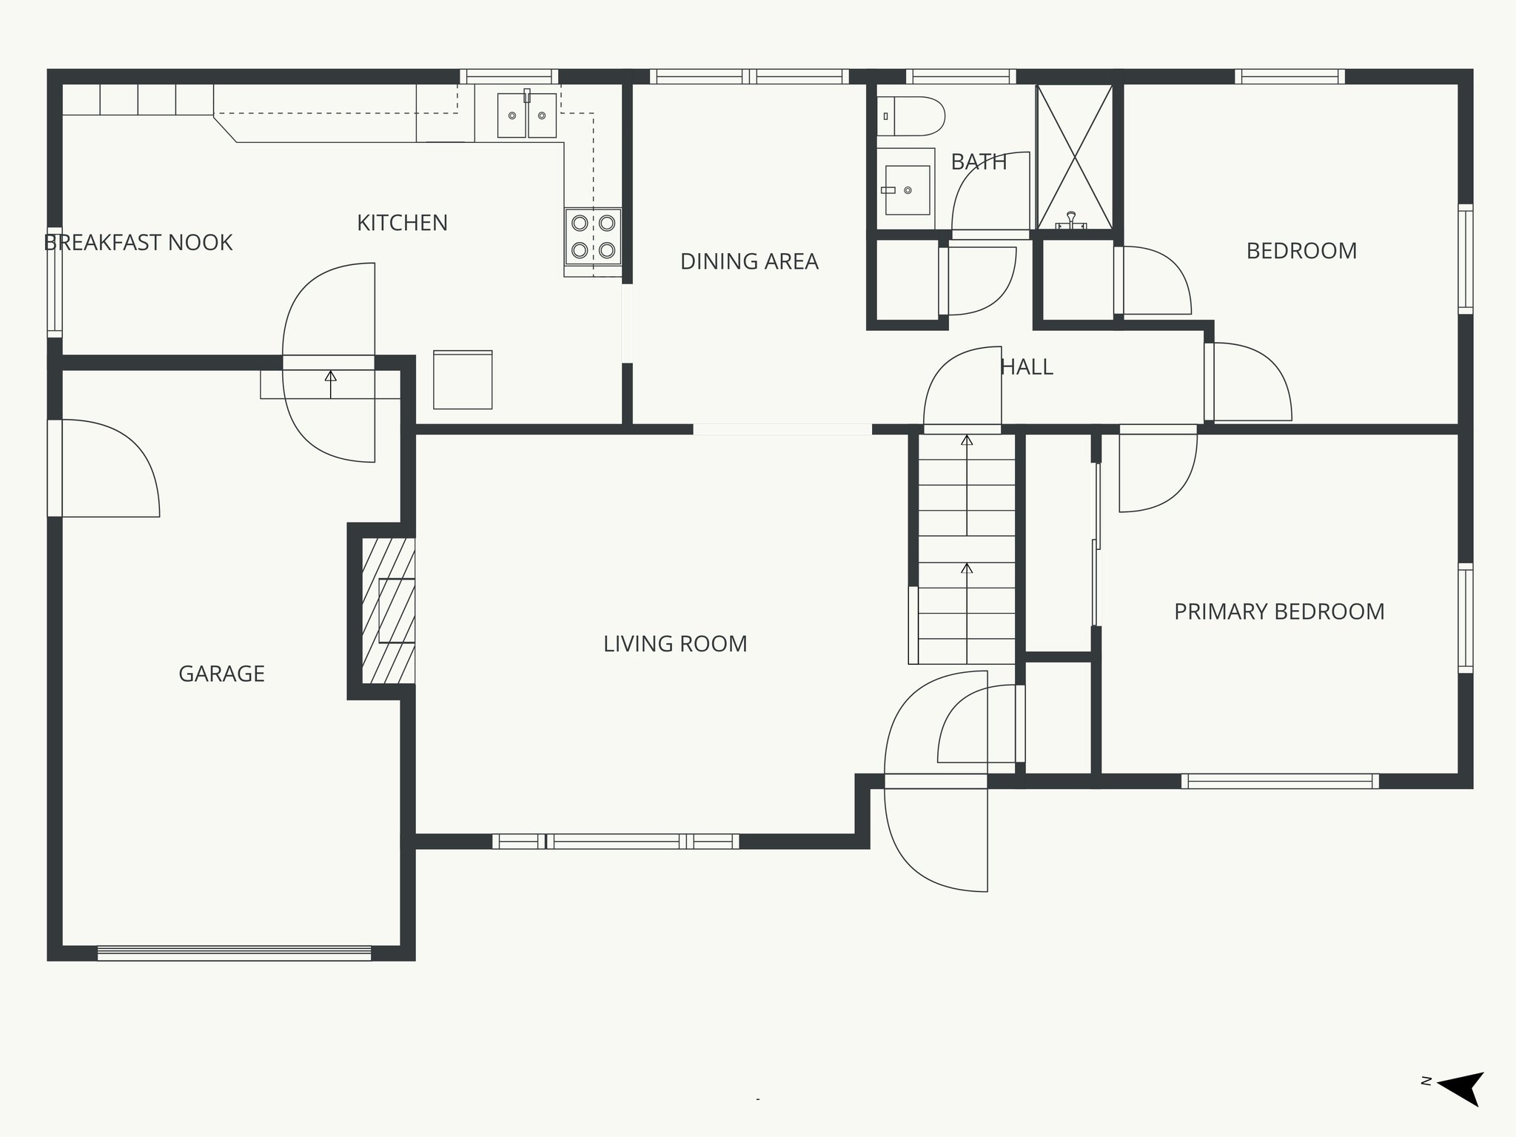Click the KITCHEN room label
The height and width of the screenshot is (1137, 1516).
pos(402,223)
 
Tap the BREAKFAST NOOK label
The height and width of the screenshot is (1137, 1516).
pos(138,243)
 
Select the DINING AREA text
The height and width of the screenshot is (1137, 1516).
pos(749,261)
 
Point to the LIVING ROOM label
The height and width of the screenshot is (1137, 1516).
pos(675,644)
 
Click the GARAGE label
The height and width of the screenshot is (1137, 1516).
pos(221,674)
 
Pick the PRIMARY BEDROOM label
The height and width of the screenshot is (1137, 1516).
pos(1279,611)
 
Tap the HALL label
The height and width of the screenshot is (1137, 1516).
pos(1027,367)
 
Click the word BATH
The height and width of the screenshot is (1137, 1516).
pos(979,162)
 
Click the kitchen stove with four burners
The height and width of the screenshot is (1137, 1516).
pos(593,237)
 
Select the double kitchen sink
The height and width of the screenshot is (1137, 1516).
pos(527,115)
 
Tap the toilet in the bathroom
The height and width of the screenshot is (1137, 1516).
pos(911,116)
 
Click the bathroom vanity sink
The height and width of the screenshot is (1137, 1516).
pos(908,190)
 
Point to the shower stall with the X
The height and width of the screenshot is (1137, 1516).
pos(1074,157)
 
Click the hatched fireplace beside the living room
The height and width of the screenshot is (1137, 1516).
pos(388,611)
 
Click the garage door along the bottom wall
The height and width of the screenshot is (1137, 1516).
pos(234,953)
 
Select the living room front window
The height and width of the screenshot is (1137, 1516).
pos(615,841)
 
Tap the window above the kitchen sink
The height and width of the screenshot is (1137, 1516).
pos(509,76)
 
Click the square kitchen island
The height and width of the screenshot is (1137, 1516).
pos(463,380)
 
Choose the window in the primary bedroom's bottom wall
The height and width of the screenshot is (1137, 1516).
pos(1280,781)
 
